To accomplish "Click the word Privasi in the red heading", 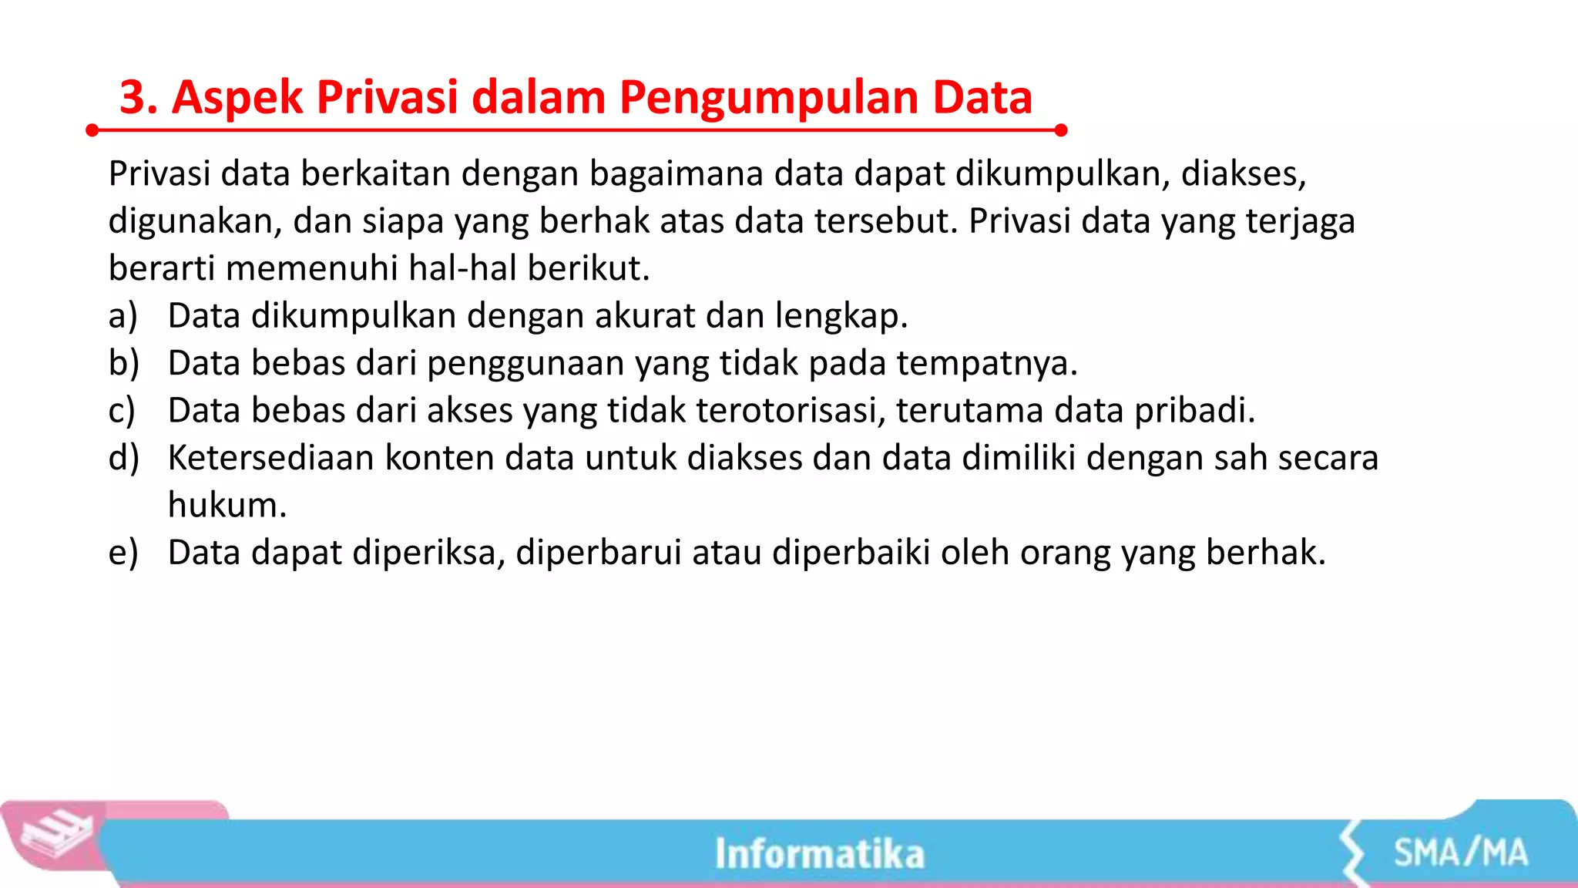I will (387, 98).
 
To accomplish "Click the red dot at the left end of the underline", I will (92, 130).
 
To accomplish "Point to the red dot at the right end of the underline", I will (1060, 130).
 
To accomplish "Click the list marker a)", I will (123, 316).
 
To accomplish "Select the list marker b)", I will (123, 363).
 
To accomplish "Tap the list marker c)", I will (122, 411).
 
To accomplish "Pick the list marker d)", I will (123, 458).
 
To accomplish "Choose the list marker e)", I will (123, 553).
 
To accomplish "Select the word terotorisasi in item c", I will (790, 410).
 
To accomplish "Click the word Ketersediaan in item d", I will (271, 458).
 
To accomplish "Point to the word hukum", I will (227, 506).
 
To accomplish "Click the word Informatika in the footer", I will (819, 854).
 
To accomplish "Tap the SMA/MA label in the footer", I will (1460, 853).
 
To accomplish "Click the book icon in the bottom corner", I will (55, 836).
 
